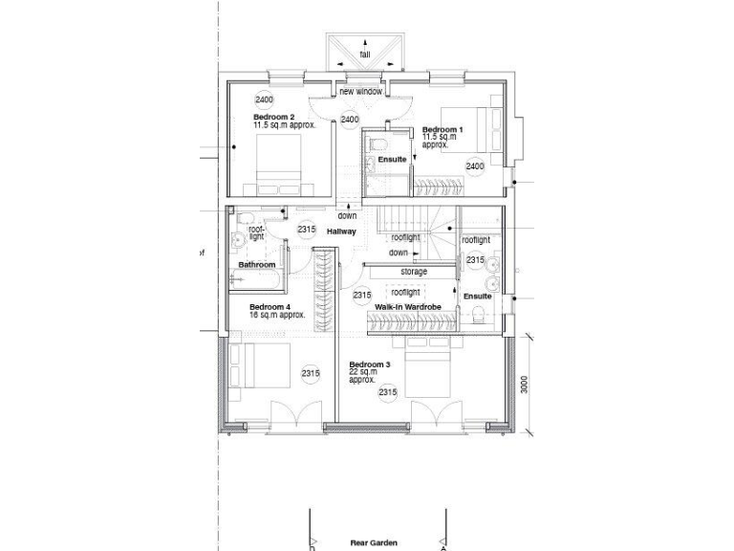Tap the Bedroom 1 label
[443, 129]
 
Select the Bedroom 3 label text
[369, 364]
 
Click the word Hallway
[341, 231]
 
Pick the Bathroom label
[257, 265]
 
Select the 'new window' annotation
[360, 92]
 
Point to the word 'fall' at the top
[365, 55]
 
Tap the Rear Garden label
[373, 542]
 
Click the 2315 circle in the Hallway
[306, 230]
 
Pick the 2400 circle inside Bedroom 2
[264, 99]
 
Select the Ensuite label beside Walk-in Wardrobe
[477, 297]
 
